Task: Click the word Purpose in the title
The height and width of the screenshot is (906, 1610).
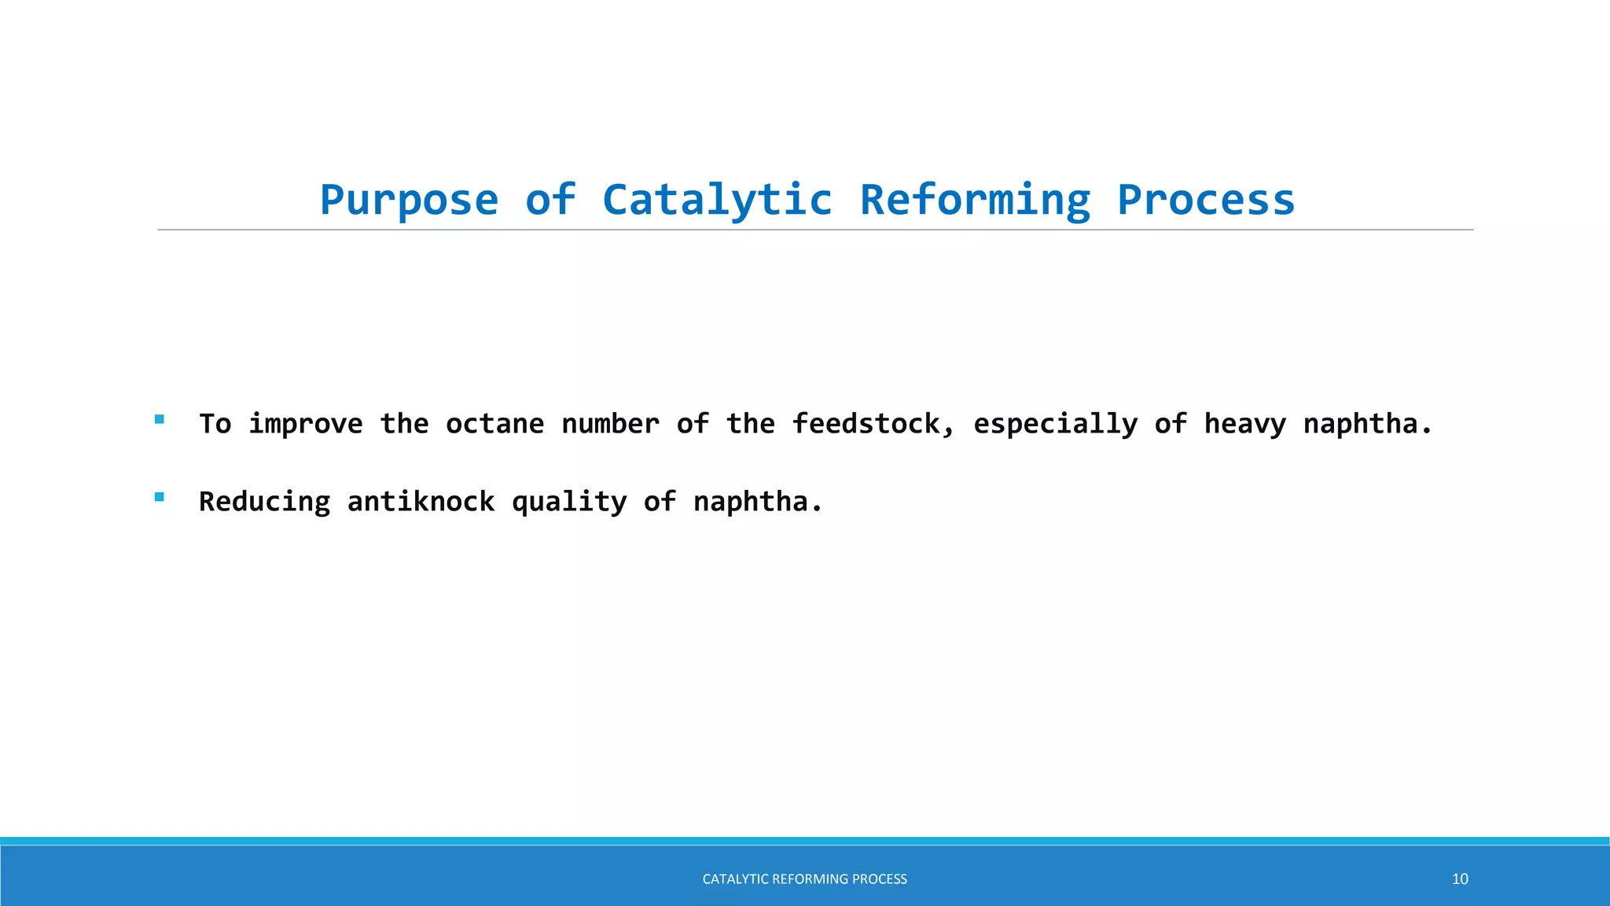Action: [x=409, y=200]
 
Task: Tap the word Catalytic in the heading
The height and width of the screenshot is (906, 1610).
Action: [x=717, y=200]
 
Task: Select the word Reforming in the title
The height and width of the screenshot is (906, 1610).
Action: [x=975, y=200]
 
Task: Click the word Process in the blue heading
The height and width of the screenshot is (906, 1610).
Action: [x=1206, y=200]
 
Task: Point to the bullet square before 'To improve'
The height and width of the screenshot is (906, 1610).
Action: [x=160, y=419]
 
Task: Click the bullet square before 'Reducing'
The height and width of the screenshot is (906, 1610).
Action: [x=160, y=497]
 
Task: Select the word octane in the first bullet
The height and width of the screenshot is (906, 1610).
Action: [x=494, y=424]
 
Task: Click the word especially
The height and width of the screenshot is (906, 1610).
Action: [x=1055, y=424]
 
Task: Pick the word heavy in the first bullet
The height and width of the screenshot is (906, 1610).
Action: [x=1245, y=424]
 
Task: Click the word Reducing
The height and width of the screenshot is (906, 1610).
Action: [x=264, y=502]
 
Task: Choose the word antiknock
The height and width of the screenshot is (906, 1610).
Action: [x=421, y=502]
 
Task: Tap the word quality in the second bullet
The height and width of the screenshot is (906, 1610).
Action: [x=569, y=502]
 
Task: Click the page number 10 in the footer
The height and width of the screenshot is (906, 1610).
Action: [x=1460, y=879]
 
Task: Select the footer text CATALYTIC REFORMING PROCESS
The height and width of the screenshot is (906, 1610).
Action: [x=804, y=879]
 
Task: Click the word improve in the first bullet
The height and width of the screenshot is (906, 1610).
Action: [x=306, y=424]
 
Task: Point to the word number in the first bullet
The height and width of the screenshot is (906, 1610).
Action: [x=610, y=424]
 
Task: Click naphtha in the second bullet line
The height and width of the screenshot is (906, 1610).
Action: [x=756, y=502]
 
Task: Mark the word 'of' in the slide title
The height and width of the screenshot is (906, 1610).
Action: [x=550, y=200]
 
